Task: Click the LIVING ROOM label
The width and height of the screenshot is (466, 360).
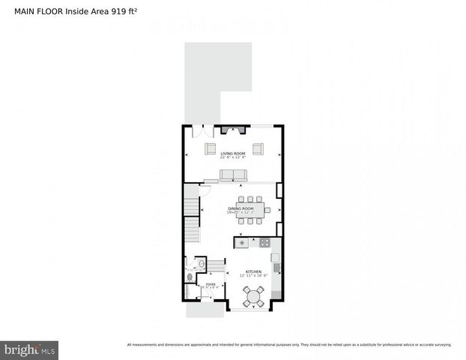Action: (232, 153)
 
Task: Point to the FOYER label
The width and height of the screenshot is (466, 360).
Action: (211, 284)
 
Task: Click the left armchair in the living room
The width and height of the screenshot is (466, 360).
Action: (211, 147)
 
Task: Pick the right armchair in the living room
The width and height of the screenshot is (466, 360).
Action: (258, 147)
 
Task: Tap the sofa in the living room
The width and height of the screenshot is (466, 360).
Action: (232, 175)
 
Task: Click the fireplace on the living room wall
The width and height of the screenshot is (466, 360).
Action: (233, 128)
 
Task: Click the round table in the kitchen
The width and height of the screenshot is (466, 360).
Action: (253, 296)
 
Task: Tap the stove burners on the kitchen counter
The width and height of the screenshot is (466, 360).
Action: (264, 241)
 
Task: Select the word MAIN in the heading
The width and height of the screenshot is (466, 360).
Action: (27, 11)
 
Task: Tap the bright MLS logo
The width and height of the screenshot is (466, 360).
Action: (30, 349)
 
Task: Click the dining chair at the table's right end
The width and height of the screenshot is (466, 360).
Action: (267, 210)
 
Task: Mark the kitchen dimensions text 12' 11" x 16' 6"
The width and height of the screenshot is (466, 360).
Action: (254, 276)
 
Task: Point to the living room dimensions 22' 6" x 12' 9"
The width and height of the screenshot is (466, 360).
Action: (233, 157)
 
